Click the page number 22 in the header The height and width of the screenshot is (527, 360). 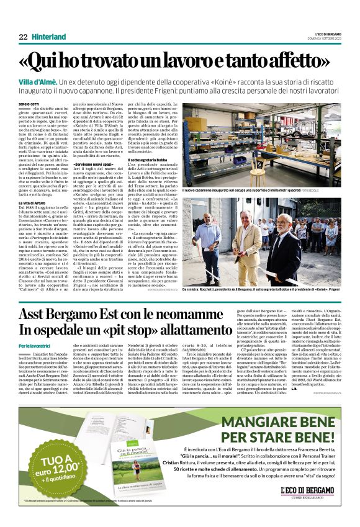[x=23, y=37]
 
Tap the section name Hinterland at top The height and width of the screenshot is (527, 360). [x=49, y=37]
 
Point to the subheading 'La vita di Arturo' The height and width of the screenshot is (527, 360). [x=32, y=203]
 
